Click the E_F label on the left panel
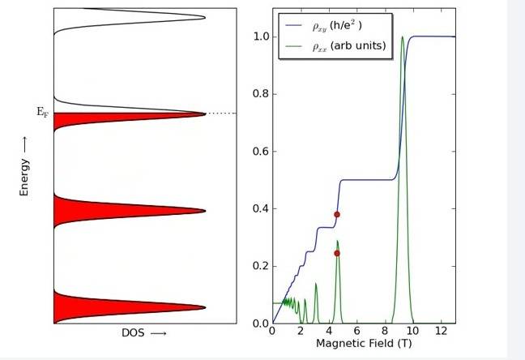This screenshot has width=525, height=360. coord(42,113)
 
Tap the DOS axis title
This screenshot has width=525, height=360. coord(144,333)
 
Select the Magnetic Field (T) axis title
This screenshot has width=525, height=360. coord(362,344)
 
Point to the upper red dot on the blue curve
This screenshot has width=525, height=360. coord(337,214)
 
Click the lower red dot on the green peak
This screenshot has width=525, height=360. coord(337,253)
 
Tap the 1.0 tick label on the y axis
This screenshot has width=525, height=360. coord(259,36)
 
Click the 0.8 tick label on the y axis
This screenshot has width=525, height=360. coord(259,94)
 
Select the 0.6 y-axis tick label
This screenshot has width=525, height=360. coord(259,152)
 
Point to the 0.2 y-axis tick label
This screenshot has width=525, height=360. coord(259,267)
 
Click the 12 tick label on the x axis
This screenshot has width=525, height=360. coord(441,332)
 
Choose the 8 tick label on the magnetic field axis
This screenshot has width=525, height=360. coord(385,332)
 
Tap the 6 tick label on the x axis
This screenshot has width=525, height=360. coord(356,332)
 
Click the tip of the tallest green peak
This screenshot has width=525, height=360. coord(403,36)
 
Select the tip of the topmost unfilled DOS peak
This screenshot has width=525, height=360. coord(205,17)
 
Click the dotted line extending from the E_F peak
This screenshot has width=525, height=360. coord(220,114)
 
